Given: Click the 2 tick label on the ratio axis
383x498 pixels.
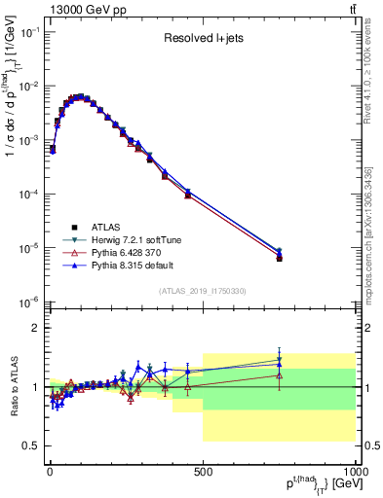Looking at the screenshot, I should click(36, 328).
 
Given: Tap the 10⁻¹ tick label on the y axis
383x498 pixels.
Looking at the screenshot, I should click(28, 32).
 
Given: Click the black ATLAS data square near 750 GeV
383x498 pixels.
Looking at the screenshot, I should click(279, 258).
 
